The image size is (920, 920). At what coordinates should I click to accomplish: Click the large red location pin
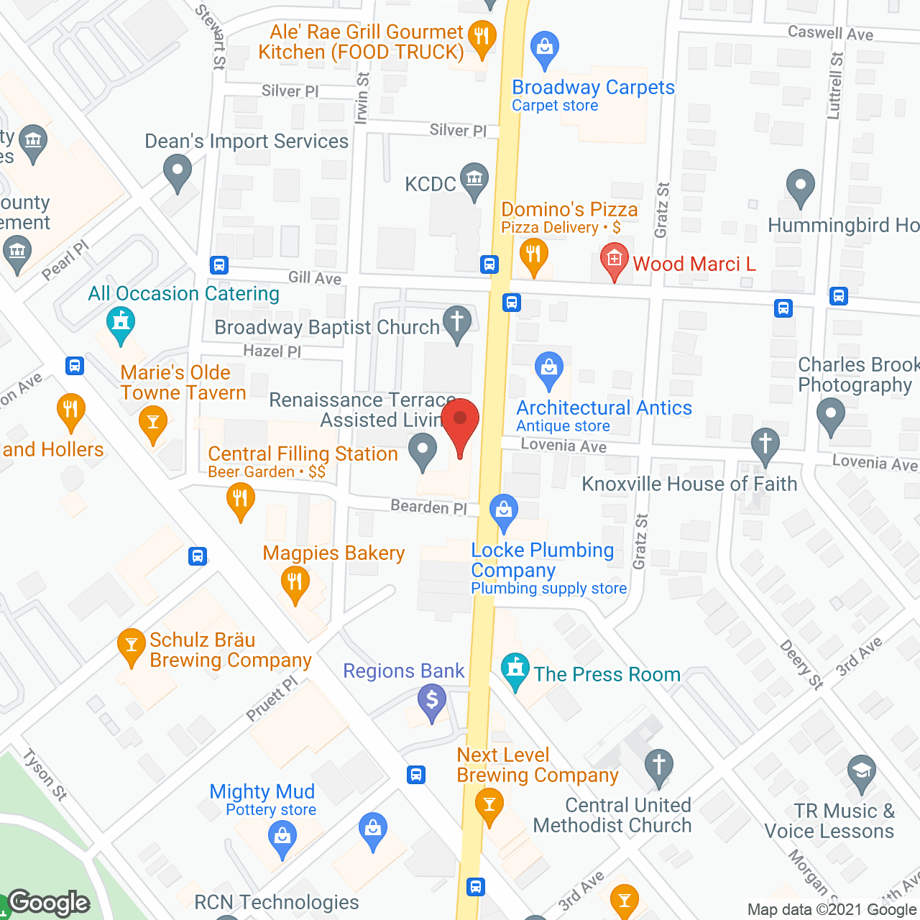pos(460,424)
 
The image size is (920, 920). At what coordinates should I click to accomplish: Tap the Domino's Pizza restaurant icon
pos(533,256)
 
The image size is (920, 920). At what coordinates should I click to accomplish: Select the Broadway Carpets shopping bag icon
pos(545,47)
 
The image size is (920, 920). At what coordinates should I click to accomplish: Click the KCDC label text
pos(430,184)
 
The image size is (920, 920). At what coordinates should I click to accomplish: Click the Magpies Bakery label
pos(333,553)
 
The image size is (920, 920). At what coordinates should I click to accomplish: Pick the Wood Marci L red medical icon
pos(615,260)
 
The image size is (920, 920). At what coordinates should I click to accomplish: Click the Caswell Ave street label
pos(830,33)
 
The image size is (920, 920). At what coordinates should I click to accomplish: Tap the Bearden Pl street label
pos(428,507)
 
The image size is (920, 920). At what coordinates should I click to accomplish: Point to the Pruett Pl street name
pos(271,698)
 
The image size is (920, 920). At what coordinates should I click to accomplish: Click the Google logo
pos(49,902)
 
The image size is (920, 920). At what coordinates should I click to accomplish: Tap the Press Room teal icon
pos(515,669)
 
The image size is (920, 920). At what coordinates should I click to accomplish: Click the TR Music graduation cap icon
pos(861,773)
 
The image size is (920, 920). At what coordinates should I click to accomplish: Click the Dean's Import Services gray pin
pos(177,172)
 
